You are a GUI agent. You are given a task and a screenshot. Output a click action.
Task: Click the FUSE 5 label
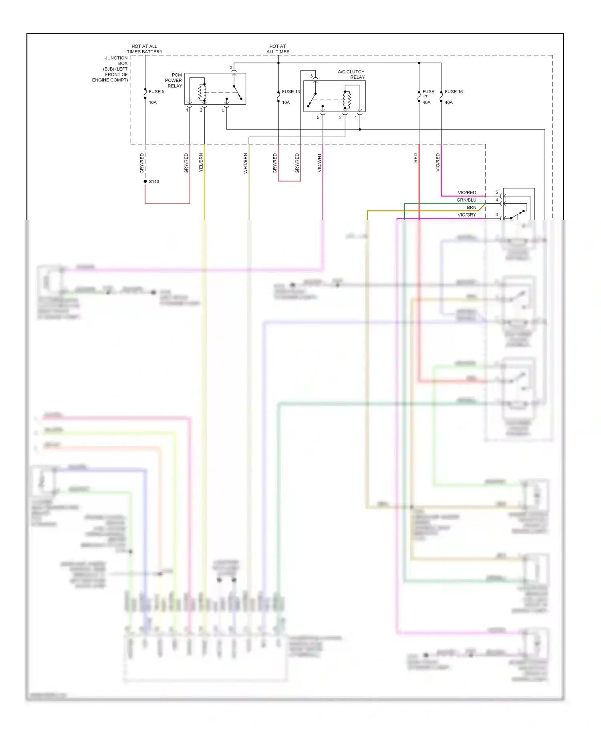pos(156,92)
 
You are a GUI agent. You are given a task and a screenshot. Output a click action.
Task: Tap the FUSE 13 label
pos(290,92)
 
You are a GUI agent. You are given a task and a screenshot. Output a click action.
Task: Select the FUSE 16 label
pos(454,92)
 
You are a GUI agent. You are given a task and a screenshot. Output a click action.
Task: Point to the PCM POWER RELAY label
pos(174,81)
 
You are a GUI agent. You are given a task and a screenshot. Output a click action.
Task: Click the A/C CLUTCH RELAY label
pos(351,75)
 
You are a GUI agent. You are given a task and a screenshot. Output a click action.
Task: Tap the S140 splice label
pos(154,182)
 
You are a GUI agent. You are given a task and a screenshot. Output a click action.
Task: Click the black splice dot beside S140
pos(145,181)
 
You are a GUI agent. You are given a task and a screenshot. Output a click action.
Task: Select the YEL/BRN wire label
pos(201,163)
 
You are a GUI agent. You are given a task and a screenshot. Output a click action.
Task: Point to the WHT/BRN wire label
pos(246,163)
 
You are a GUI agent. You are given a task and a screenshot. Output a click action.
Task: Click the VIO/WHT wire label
pos(319,163)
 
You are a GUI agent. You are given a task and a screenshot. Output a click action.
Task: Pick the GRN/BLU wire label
pos(466,200)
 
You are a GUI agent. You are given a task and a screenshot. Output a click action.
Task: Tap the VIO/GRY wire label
pos(467,215)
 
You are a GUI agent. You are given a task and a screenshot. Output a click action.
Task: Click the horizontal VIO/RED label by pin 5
pos(467,193)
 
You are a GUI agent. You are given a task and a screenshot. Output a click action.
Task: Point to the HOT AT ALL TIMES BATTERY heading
pos(145,49)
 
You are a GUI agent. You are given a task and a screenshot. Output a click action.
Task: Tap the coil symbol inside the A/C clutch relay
pos(347,100)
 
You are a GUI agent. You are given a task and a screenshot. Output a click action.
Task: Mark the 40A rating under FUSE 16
pos(449,103)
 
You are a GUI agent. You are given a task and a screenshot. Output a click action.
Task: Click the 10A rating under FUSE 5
pos(153,103)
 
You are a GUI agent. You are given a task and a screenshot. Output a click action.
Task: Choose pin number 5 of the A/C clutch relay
pos(318,117)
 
